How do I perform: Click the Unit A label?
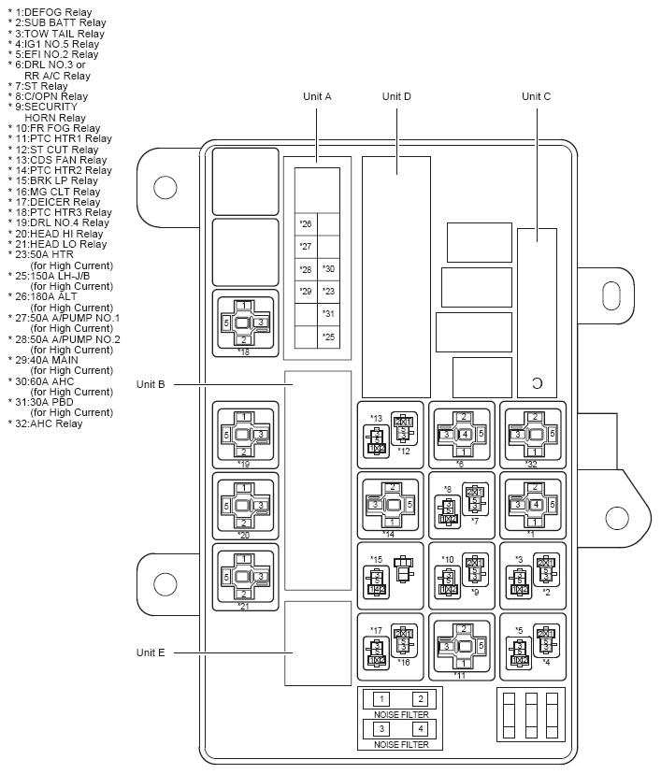point(317,96)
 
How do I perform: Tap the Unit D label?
point(396,96)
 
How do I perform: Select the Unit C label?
point(536,96)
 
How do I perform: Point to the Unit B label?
point(151,384)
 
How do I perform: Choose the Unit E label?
point(151,652)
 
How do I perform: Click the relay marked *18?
point(244,322)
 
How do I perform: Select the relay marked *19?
point(244,435)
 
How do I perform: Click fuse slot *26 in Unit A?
point(306,224)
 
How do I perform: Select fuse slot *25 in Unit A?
point(328,337)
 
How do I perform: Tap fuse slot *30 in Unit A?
point(328,269)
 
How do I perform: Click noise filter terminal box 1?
point(381,699)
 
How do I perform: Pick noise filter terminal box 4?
point(421,728)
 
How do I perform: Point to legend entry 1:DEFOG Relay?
point(52,12)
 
